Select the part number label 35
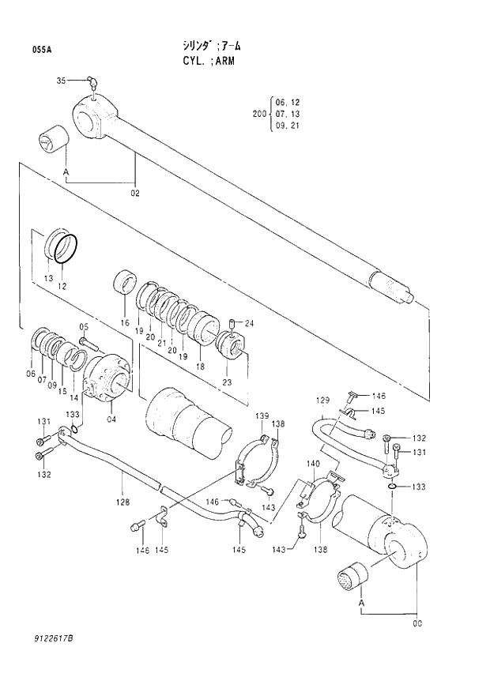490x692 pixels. [x=61, y=81]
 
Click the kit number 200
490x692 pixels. [x=258, y=114]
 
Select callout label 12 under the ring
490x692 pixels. [x=62, y=285]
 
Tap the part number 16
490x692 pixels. [x=124, y=323]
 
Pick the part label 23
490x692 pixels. [x=228, y=382]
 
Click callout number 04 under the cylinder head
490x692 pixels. [x=111, y=419]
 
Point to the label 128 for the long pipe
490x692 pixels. [x=122, y=501]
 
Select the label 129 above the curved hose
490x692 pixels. [x=322, y=401]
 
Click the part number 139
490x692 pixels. [x=262, y=416]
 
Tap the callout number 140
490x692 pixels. [x=314, y=464]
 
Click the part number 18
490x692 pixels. [x=200, y=367]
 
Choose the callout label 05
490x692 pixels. [x=84, y=327]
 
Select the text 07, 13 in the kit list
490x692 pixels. [x=288, y=114]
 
